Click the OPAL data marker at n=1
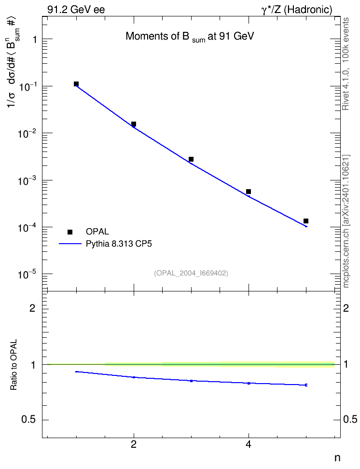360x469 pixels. pos(76,84)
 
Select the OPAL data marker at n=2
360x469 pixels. pos(134,124)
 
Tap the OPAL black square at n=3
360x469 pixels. pos(191,159)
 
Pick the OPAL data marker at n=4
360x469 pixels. pos(249,192)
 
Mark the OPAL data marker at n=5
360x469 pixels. pos(306,221)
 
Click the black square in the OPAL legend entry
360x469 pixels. pos(70,232)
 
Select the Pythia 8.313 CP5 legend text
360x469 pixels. pos(119,244)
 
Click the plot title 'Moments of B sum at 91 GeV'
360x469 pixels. pos(190,37)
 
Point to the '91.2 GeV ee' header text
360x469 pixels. pos(76,10)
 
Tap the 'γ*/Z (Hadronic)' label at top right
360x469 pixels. pos(297,10)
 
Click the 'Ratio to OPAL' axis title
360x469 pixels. pos(14,365)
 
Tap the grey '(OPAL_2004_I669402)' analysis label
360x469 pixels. pos(191,273)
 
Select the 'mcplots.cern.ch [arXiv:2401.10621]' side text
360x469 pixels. pos(346,221)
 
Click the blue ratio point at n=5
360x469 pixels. pos(306,385)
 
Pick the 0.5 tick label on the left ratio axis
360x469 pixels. pos(29,420)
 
